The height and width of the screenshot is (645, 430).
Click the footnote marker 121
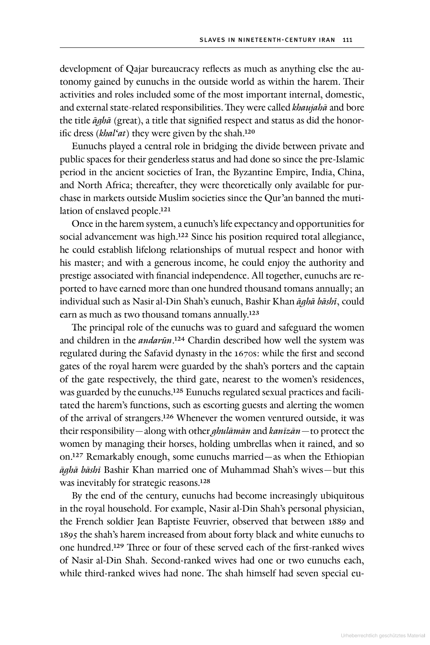[166, 210]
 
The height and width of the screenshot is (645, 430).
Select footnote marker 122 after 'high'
[183, 235]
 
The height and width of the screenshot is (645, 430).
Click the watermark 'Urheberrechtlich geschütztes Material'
[383, 636]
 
